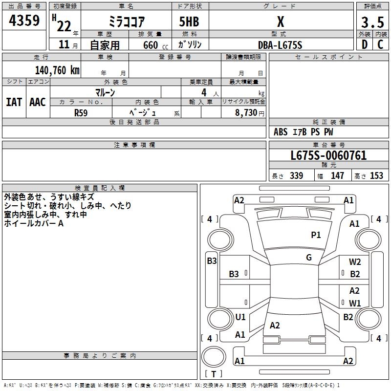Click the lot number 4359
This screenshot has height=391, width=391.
[24, 21]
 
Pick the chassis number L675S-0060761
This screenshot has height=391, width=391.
[328, 155]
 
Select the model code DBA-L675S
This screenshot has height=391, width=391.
[280, 45]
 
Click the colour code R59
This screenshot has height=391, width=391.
[81, 112]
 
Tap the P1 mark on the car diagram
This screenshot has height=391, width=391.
[316, 235]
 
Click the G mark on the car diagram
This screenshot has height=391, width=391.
[309, 258]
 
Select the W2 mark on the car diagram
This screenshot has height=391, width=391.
[355, 262]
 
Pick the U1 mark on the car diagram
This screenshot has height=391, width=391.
[240, 317]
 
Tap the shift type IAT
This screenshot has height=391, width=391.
[14, 102]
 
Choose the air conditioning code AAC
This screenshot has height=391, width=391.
[38, 102]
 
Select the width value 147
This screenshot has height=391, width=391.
[337, 176]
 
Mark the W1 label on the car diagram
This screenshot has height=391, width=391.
[355, 303]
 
